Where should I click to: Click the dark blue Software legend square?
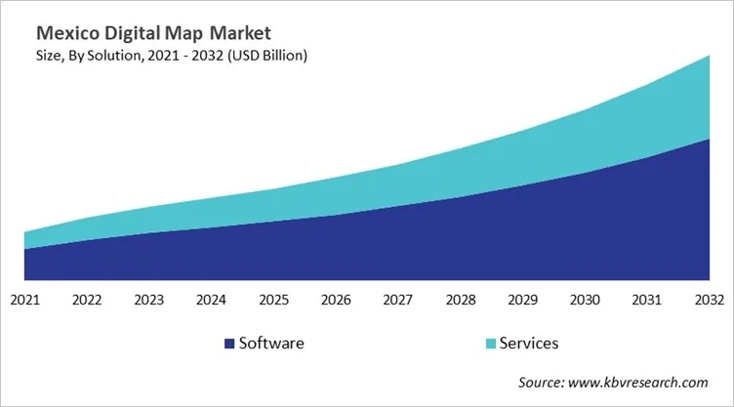tap(229, 344)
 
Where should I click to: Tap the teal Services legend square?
tap(490, 344)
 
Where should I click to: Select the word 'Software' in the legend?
tap(271, 344)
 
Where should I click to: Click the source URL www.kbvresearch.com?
tap(646, 383)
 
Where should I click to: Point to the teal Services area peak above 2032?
tap(706, 98)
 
